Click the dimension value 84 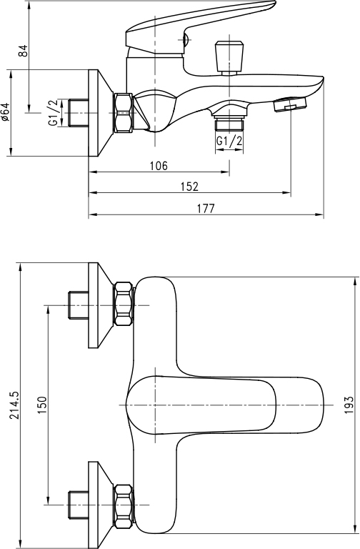click(23, 51)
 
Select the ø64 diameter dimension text click(6, 112)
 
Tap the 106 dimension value click(159, 166)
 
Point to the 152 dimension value click(189, 187)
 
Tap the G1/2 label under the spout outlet click(229, 141)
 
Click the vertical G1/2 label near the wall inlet click(53, 113)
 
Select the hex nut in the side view click(124, 113)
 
